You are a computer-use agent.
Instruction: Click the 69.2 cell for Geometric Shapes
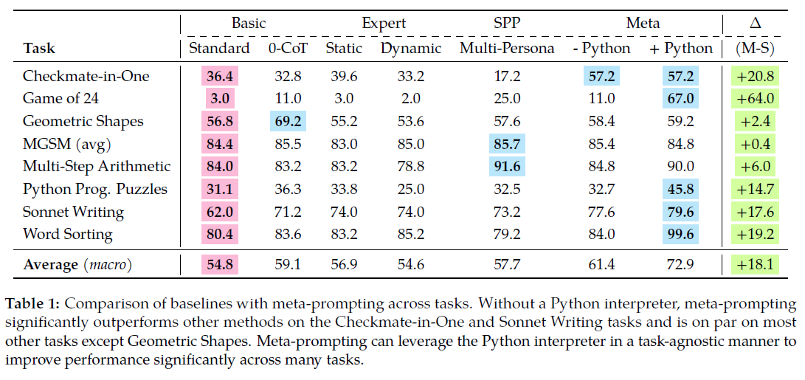[288, 121]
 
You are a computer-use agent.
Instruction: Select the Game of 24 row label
[61, 98]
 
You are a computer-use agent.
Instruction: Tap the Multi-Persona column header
[506, 49]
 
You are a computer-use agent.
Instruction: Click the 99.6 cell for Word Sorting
[680, 234]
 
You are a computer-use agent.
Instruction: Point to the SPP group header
[506, 23]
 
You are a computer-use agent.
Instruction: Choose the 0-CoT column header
[288, 49]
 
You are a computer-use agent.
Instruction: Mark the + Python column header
[680, 49]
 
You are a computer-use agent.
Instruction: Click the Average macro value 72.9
[680, 263]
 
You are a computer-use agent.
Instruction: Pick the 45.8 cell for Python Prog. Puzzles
[680, 189]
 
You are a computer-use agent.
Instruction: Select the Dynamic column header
[411, 49]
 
